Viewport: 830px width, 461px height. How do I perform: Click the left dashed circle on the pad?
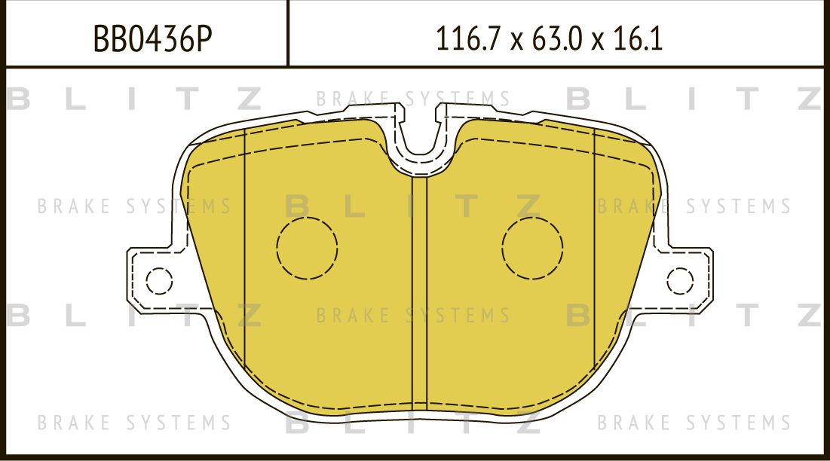click(x=307, y=246)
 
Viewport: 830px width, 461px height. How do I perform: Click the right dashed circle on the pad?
click(x=532, y=246)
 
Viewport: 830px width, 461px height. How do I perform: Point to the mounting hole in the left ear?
click(x=159, y=281)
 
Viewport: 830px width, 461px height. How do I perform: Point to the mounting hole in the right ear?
click(x=680, y=281)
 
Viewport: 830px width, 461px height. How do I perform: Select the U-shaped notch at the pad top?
click(x=420, y=139)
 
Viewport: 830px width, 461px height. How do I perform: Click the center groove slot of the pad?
click(x=420, y=294)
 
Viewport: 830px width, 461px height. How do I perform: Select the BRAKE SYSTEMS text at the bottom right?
click(x=694, y=423)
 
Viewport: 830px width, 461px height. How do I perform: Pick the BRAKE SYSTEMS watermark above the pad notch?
click(x=413, y=99)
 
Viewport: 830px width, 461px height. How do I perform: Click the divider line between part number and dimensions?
click(x=289, y=34)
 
